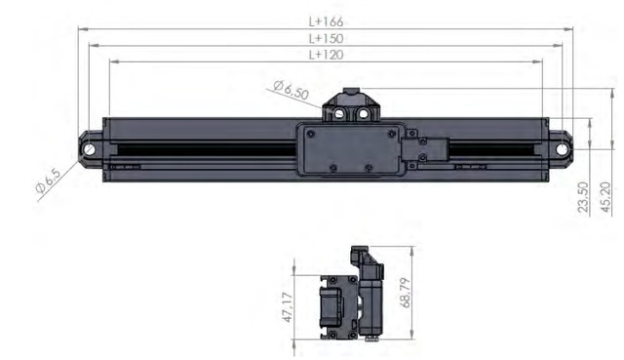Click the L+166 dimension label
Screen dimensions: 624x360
[x=326, y=21]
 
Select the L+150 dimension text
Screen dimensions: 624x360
[x=326, y=39]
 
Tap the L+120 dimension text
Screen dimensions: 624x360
[x=326, y=55]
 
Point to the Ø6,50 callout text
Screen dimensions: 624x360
[x=292, y=90]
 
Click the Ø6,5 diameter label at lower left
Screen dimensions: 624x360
[x=49, y=181]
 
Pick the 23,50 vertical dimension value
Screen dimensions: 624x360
[x=583, y=197]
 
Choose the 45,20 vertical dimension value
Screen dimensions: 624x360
[x=605, y=197]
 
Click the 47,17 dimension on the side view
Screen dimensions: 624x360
[x=288, y=307]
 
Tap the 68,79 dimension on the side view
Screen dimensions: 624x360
[x=406, y=293]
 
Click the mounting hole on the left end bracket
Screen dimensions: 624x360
[x=90, y=149]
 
